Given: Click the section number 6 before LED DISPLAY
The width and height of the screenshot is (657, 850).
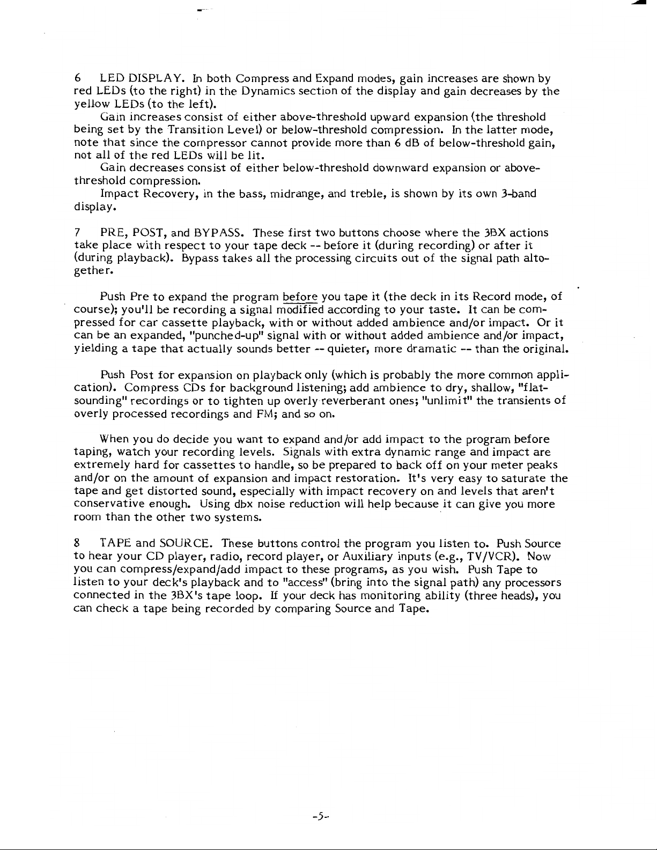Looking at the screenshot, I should (77, 79).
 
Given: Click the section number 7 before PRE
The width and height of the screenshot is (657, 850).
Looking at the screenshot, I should (77, 233).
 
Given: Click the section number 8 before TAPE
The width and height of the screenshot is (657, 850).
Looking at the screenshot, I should (77, 543).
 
